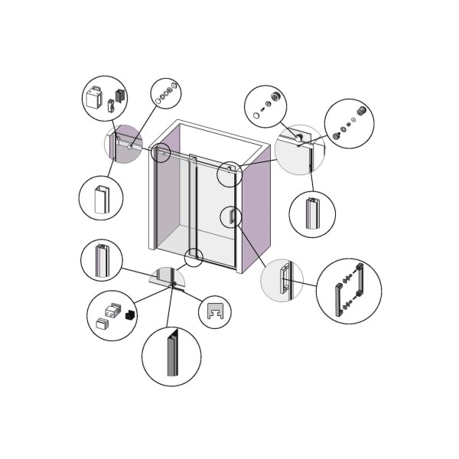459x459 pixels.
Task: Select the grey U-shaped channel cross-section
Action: tap(214, 311)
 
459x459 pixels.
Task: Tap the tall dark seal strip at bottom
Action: tap(171, 356)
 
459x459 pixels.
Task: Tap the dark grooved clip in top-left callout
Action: tap(119, 96)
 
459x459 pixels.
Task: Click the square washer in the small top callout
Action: tap(174, 86)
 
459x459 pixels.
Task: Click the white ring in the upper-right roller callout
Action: tap(256, 115)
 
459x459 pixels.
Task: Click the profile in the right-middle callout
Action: tap(311, 213)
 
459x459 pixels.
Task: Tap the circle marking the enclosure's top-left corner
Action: tap(161, 152)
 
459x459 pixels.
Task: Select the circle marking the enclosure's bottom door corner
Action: tap(194, 257)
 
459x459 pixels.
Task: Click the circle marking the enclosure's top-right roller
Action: tap(229, 173)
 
